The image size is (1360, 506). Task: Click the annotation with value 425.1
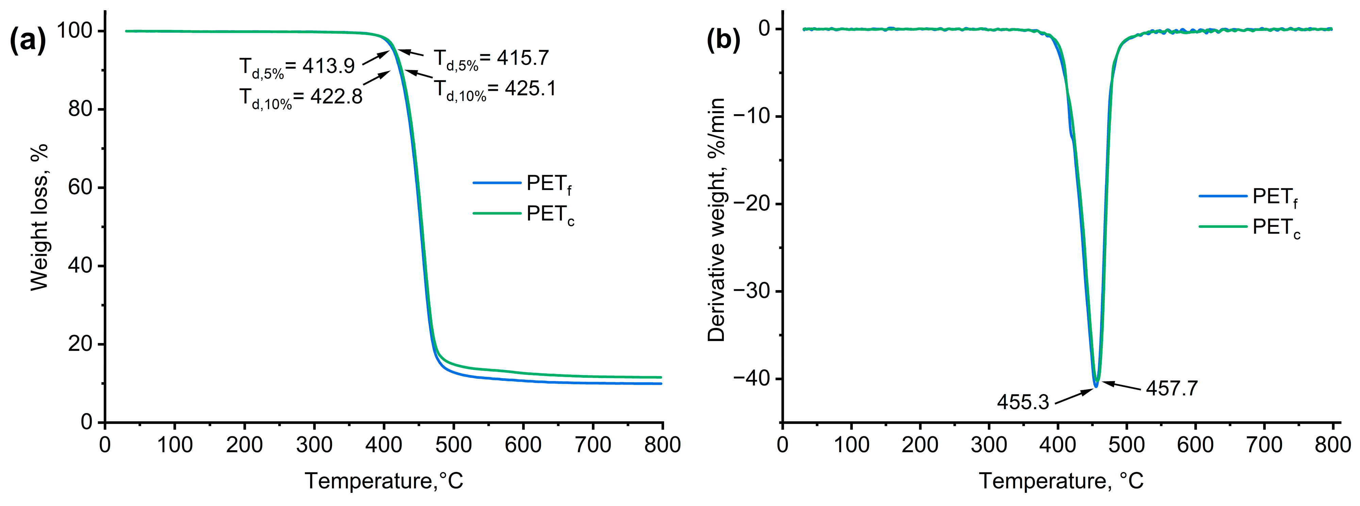495,89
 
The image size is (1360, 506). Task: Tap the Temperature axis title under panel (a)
384,481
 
